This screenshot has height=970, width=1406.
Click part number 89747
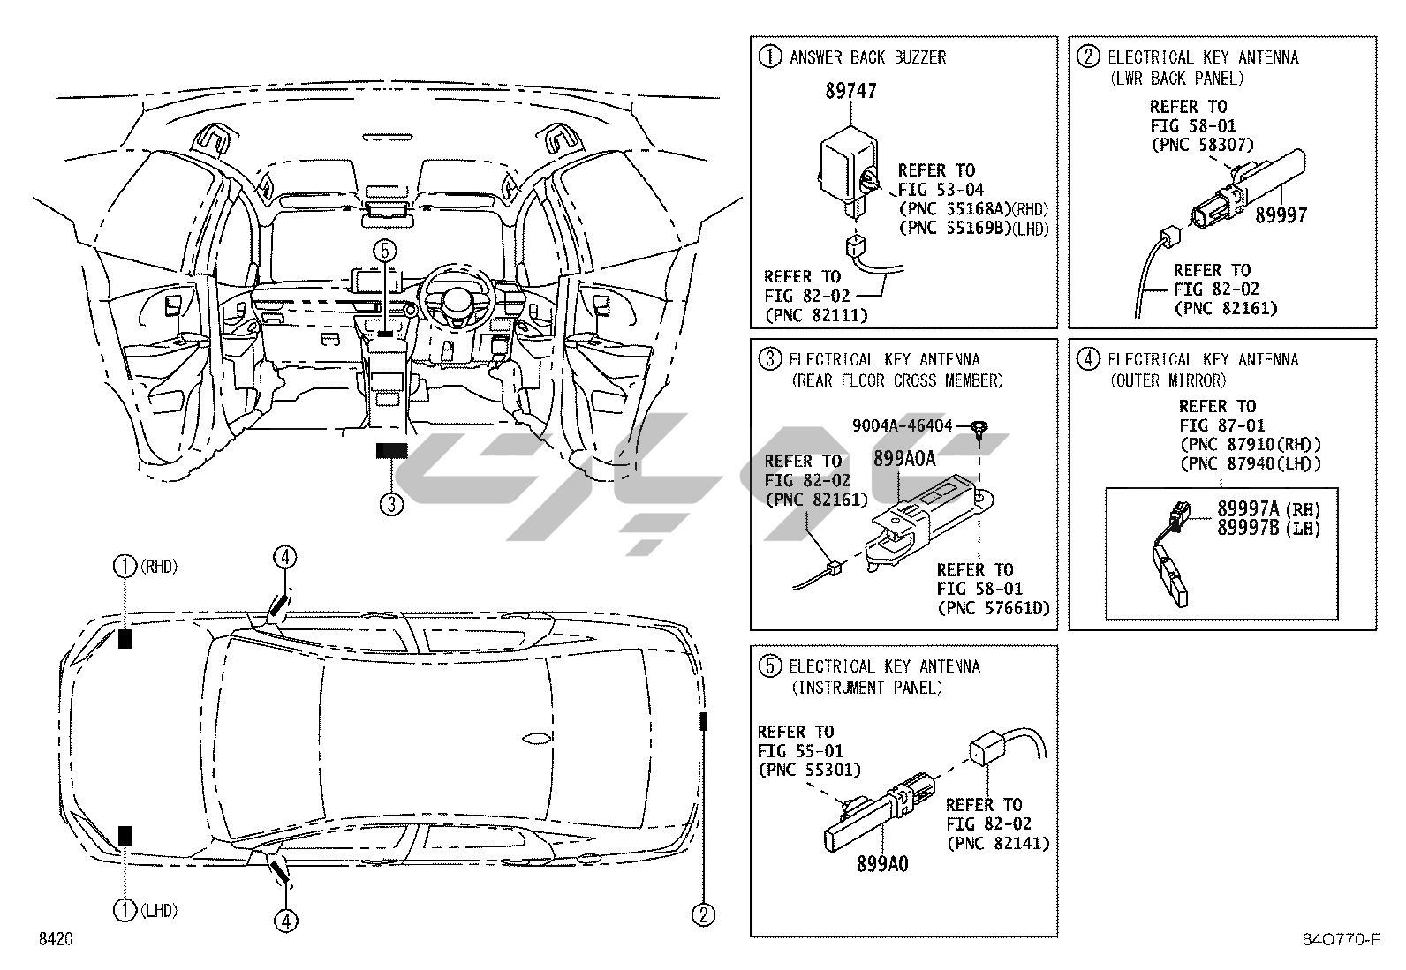click(x=850, y=91)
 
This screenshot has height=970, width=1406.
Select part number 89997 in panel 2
click(x=1281, y=215)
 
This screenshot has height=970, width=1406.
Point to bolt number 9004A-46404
click(x=902, y=426)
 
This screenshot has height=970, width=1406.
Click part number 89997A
click(x=1248, y=508)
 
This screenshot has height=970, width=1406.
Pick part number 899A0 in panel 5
click(x=881, y=864)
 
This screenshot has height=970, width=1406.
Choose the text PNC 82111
click(x=816, y=315)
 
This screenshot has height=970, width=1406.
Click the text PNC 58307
click(x=1202, y=146)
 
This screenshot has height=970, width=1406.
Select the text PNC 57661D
click(x=994, y=608)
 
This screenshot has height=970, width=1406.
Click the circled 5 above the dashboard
click(x=384, y=250)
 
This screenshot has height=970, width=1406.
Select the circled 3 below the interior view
click(x=391, y=504)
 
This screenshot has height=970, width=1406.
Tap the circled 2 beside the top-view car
click(x=703, y=914)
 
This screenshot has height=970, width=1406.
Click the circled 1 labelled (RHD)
click(x=125, y=567)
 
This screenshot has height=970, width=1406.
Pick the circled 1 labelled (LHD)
click(x=125, y=910)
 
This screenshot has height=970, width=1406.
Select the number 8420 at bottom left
click(x=54, y=938)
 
